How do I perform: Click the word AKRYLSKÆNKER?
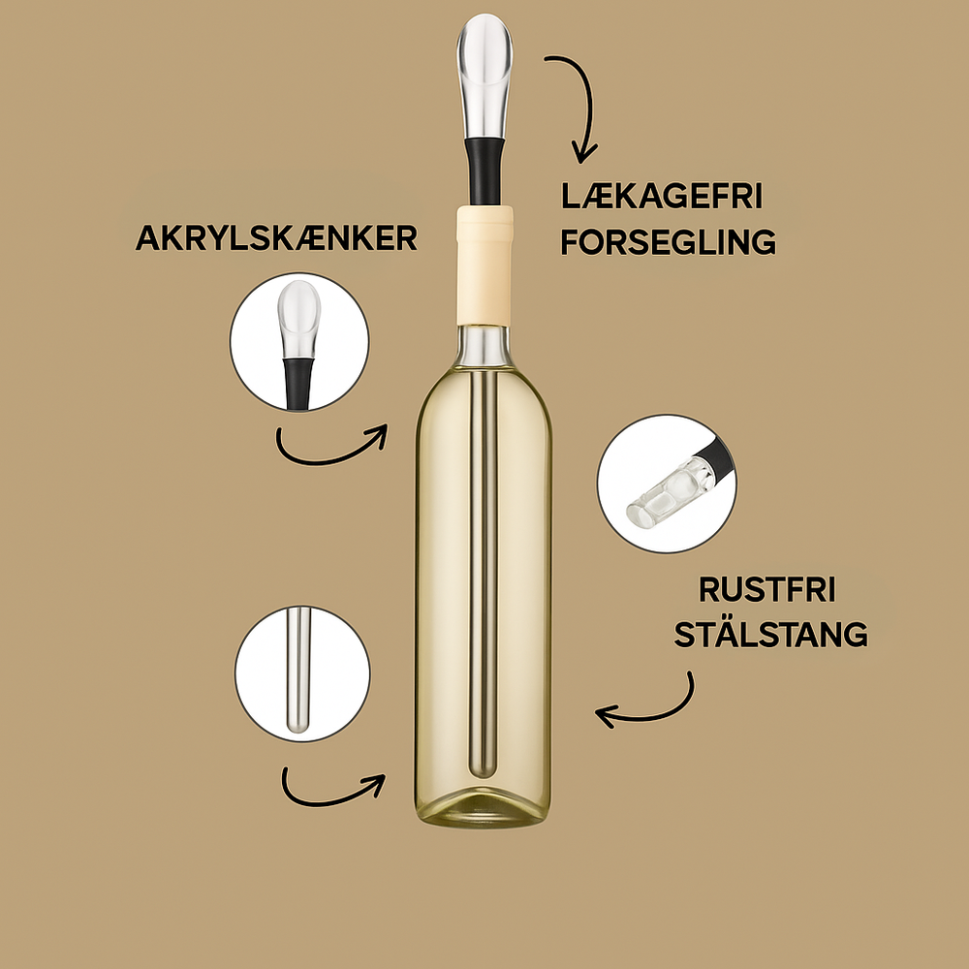[276, 237]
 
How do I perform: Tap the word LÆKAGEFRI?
[662, 196]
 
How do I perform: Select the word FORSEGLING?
[668, 241]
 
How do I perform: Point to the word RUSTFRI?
[767, 589]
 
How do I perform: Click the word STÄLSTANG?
[770, 634]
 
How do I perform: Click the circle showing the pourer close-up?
[299, 342]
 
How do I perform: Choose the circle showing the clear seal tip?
[667, 484]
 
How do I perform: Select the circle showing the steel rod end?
[302, 673]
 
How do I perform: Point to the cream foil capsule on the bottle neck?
[484, 266]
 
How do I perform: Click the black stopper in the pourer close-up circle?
[298, 384]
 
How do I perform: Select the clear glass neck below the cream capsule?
[484, 346]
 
